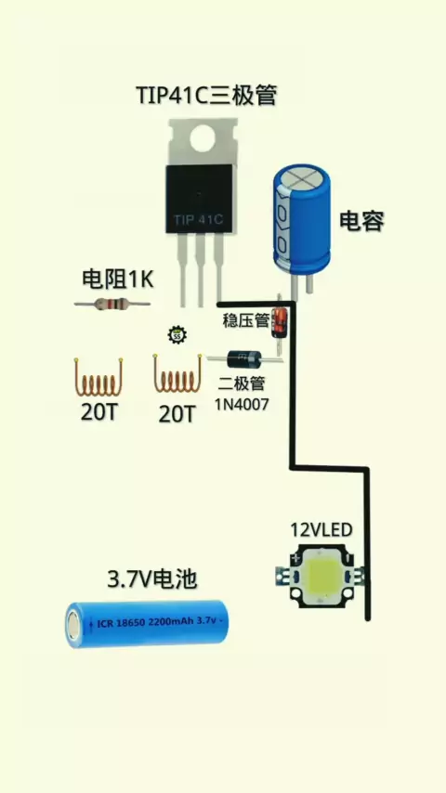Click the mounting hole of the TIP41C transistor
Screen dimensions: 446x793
tap(203, 138)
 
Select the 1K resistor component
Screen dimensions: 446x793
tap(111, 304)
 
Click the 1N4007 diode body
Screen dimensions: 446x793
tap(244, 359)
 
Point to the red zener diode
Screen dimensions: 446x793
tap(279, 322)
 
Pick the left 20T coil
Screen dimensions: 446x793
tap(98, 377)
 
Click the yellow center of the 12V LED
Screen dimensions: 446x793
tap(321, 574)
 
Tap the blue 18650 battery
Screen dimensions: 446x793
tap(146, 624)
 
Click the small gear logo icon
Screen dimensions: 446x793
tap(177, 335)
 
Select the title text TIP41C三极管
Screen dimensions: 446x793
tap(206, 95)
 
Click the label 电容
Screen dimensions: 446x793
tap(361, 221)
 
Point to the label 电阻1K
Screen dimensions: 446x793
tap(117, 279)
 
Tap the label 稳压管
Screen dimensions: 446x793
tap(246, 320)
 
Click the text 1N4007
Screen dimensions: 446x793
tap(242, 404)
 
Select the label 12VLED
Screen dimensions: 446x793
tap(321, 530)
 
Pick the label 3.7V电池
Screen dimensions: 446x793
tap(151, 579)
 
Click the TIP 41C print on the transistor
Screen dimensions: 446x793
tap(199, 220)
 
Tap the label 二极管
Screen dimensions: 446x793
tap(242, 383)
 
